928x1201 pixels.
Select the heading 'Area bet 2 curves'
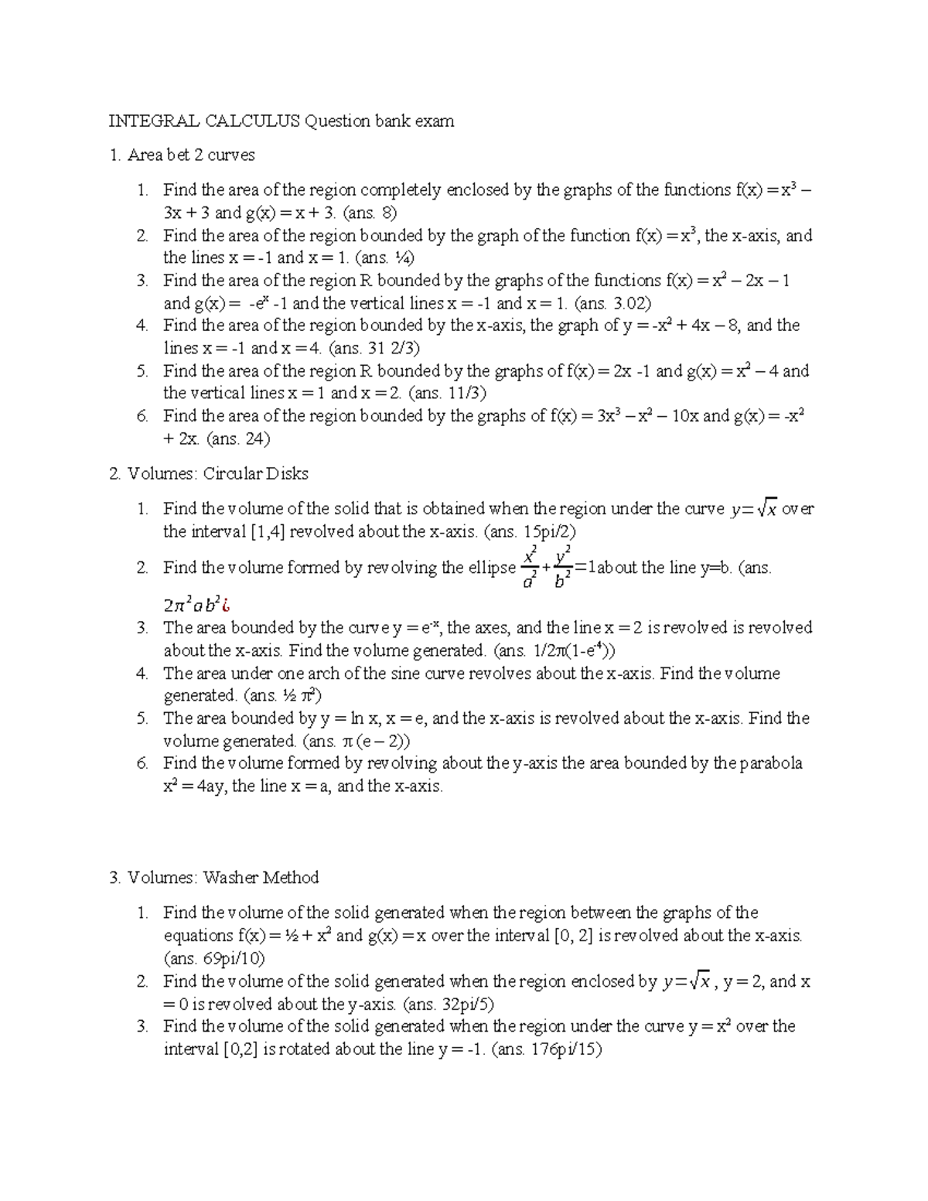pos(190,155)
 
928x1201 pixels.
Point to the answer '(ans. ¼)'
pos(381,258)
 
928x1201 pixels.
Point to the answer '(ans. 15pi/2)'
pos(530,531)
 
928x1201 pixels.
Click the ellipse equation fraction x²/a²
pos(530,568)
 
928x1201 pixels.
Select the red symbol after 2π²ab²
pos(227,605)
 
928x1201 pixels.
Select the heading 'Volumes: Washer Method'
pos(223,878)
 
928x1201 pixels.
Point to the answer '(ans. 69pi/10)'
pos(214,959)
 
